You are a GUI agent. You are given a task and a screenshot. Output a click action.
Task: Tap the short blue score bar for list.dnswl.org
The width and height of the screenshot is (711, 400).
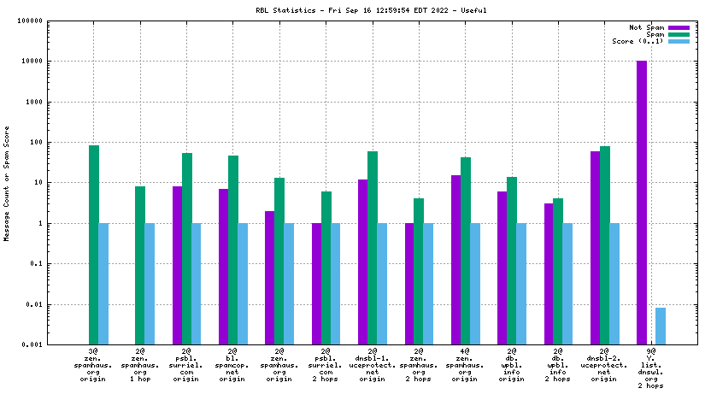click(661, 326)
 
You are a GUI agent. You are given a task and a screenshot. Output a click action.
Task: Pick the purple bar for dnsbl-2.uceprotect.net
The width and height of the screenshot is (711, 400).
click(596, 248)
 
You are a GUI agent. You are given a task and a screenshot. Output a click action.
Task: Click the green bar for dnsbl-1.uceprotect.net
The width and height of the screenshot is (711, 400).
click(373, 248)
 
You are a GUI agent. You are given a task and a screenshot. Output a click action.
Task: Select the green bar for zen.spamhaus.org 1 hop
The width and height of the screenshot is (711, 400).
click(140, 265)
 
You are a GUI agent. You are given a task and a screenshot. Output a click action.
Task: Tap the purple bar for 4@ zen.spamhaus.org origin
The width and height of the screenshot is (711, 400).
click(456, 260)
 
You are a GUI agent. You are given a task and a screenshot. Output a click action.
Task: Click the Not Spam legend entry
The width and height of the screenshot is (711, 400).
click(646, 27)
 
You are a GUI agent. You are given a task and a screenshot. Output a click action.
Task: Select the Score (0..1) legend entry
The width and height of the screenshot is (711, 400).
click(638, 41)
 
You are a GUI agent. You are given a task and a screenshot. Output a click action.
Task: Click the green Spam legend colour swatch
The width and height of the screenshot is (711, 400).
click(679, 34)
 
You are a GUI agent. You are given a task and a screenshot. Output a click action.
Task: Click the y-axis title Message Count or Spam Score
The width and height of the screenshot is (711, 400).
click(8, 183)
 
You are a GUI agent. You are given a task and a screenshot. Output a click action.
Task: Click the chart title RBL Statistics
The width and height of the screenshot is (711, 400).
click(355, 10)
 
